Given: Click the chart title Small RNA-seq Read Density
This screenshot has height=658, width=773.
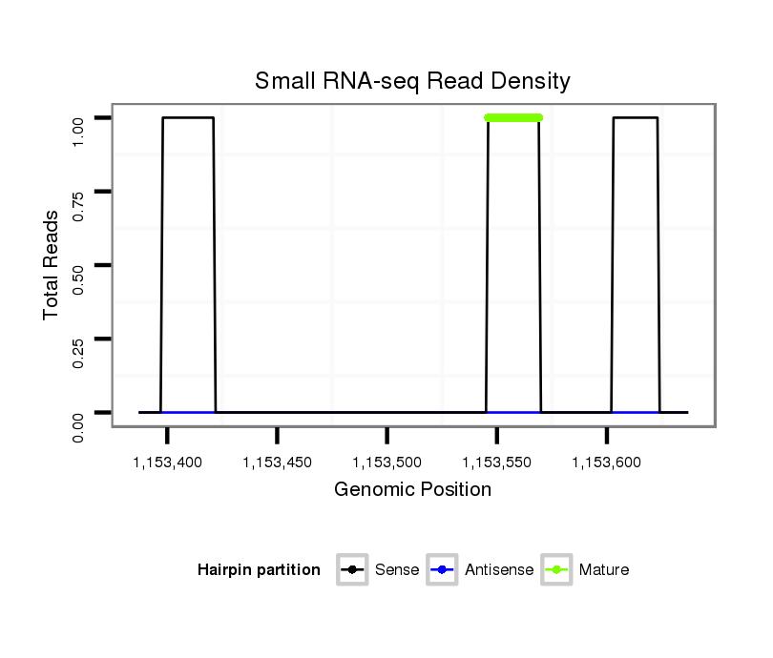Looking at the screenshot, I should pos(412,81).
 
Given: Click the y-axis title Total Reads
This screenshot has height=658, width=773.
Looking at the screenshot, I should pos(53,265).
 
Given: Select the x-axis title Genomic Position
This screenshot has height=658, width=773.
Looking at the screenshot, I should pos(412,490).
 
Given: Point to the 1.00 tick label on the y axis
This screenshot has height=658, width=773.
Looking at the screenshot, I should pos(80,118).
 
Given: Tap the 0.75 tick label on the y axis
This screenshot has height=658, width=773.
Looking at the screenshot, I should pos(80,192).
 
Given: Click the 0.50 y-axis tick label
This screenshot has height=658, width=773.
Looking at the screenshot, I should pos(80,265).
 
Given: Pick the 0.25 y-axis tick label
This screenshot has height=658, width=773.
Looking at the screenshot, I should pos(80,339).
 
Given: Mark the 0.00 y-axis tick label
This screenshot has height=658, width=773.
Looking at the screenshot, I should pos(80,426).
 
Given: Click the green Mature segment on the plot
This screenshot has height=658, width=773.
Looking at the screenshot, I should pos(513,117).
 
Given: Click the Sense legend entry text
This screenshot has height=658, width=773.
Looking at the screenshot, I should pos(397,570).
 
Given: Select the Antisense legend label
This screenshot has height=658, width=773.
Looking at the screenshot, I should pos(499,570).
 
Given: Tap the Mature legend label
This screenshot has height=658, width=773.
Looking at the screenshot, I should pos(604,570).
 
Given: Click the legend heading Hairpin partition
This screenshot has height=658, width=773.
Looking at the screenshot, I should pos(259,570).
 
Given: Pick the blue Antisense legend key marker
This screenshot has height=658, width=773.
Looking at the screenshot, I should pos(443,570).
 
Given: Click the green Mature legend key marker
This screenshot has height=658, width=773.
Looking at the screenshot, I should pos(556,570).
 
